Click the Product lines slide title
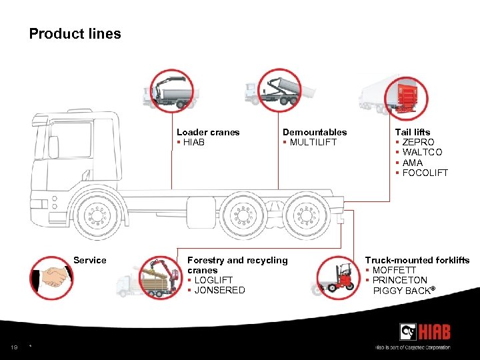pos(75,33)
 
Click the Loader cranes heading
pos(208,132)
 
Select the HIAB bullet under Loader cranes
pos(193,142)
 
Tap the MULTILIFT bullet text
pos(313,142)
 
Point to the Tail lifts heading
pos(413,132)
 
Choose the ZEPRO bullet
pos(417,142)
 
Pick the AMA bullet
pos(413,163)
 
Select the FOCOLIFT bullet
pos(425,173)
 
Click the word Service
pos(90,260)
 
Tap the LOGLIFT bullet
pos(213,280)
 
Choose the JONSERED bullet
pos(219,290)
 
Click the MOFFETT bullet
pos(394,270)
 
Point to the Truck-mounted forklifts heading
pos(417,260)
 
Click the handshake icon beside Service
pos(51,275)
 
